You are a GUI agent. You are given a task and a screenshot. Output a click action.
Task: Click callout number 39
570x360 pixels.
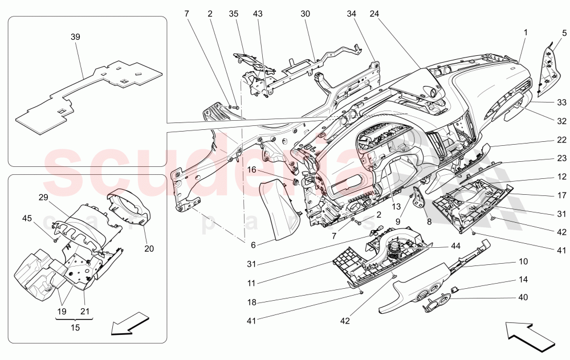(x=75, y=36)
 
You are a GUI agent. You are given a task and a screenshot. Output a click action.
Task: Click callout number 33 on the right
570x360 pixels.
(x=562, y=103)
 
